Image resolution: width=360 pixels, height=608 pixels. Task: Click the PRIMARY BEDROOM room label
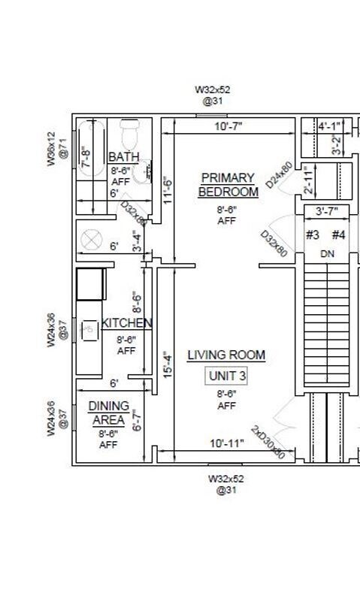[x=228, y=184]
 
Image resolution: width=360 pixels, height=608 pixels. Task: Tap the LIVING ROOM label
[x=226, y=355]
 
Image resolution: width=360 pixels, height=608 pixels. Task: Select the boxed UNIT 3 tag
[x=226, y=376]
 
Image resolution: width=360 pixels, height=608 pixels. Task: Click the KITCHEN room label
[x=127, y=323]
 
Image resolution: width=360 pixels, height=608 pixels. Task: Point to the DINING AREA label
[x=109, y=413]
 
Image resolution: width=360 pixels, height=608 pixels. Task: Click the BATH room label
[x=123, y=157]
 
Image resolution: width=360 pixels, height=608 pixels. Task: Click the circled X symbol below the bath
[x=92, y=240]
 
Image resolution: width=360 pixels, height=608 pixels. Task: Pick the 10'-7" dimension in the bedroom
[x=228, y=127]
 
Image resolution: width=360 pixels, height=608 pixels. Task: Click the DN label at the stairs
[x=327, y=254]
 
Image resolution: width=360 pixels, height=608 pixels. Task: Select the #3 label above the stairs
[x=313, y=234]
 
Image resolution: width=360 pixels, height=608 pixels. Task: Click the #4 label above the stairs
[x=338, y=234]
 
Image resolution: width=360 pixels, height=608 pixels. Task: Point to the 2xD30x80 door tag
[x=268, y=443]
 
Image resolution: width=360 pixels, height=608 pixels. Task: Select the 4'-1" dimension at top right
[x=329, y=126]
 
